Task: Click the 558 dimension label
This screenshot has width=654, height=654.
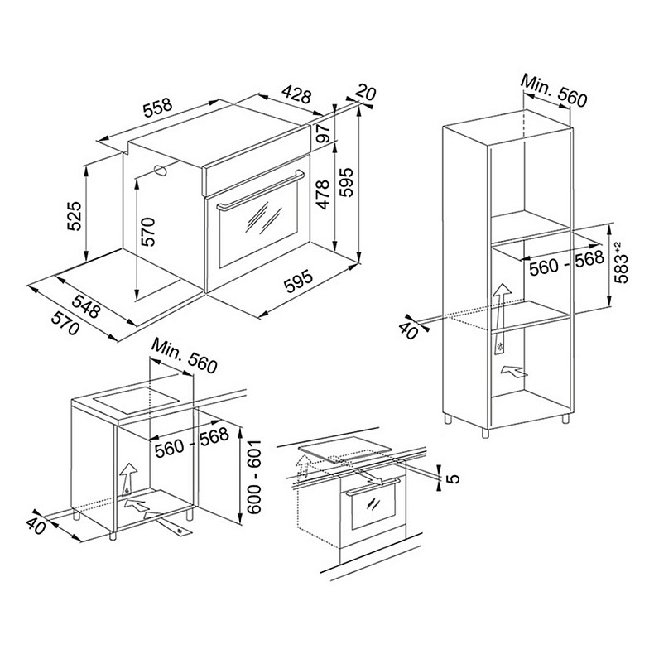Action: pos(157,107)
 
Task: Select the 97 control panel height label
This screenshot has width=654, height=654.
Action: pos(323,132)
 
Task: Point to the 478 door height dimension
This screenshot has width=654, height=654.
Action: pos(322,195)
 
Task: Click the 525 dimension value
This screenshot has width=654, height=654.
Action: pos(75,215)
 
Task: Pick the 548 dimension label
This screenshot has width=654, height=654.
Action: pos(87,305)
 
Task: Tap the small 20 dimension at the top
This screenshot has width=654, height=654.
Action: pos(366,93)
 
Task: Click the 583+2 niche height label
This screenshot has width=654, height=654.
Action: pos(621,262)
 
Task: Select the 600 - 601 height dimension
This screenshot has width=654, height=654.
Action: pos(253,476)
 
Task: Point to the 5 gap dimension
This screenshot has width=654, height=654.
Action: pos(454,478)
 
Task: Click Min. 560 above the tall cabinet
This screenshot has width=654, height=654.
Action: pos(554,90)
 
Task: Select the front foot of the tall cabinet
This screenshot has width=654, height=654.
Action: pos(485,432)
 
